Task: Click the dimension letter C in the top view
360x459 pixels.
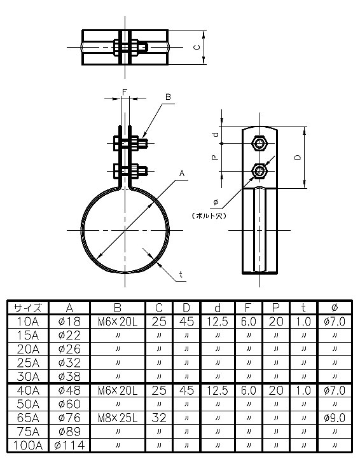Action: [x=197, y=47]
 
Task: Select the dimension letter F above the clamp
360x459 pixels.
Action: [x=125, y=93]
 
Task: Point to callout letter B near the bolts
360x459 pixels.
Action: [x=168, y=97]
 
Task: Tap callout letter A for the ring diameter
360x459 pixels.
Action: [x=182, y=173]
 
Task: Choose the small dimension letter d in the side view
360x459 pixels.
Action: [x=215, y=135]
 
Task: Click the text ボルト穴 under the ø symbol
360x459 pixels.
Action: [x=212, y=215]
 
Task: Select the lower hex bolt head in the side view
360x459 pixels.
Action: [x=260, y=170]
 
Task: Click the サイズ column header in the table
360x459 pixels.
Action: [x=27, y=308]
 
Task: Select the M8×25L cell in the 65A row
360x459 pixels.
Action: [x=118, y=418]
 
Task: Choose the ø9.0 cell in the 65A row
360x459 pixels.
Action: [x=335, y=418]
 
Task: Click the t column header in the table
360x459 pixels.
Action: [x=304, y=308]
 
